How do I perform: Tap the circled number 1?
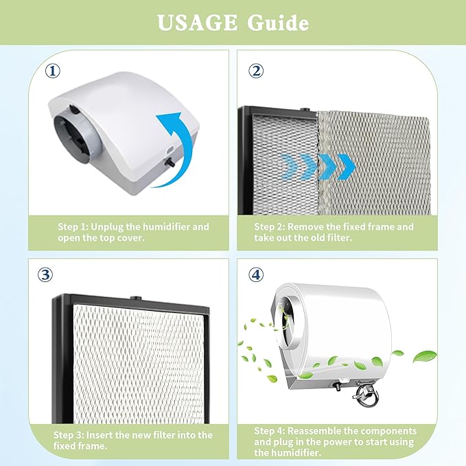pos(52,71)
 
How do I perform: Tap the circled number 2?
pos(256,71)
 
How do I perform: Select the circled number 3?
pos(46,276)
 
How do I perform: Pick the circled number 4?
pos(256,275)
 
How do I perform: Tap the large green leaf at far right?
pos(426,356)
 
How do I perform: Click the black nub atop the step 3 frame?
pos(132,300)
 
